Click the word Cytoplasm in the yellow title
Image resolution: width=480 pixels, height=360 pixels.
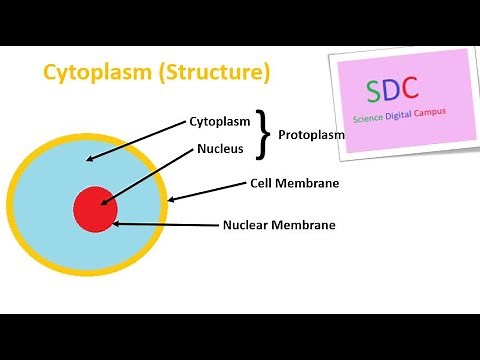pyautogui.click(x=87, y=73)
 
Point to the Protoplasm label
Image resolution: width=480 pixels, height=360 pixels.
pyautogui.click(x=311, y=134)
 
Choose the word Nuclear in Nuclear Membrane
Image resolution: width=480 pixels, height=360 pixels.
pyautogui.click(x=247, y=225)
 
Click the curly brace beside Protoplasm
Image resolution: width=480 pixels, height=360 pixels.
pyautogui.click(x=264, y=134)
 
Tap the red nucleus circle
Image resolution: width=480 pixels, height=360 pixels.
pyautogui.click(x=95, y=209)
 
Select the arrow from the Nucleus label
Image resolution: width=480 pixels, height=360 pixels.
pyautogui.click(x=141, y=177)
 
